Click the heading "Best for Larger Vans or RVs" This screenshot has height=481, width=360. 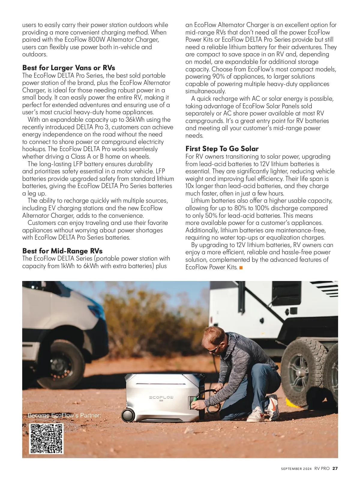click(68, 68)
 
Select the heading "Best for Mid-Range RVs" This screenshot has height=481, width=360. click(62, 251)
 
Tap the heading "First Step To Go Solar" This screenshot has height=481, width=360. click(222, 149)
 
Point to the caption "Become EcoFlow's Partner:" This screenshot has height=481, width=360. click(64, 415)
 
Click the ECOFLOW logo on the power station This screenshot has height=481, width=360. click(161, 398)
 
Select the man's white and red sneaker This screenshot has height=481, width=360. click(257, 414)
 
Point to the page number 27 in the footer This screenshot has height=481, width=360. click(335, 468)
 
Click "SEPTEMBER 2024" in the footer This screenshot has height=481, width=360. click(296, 469)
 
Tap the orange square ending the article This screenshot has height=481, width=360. click(241, 267)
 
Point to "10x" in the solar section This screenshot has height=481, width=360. click(190, 186)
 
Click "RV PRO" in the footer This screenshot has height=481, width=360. click(322, 468)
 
